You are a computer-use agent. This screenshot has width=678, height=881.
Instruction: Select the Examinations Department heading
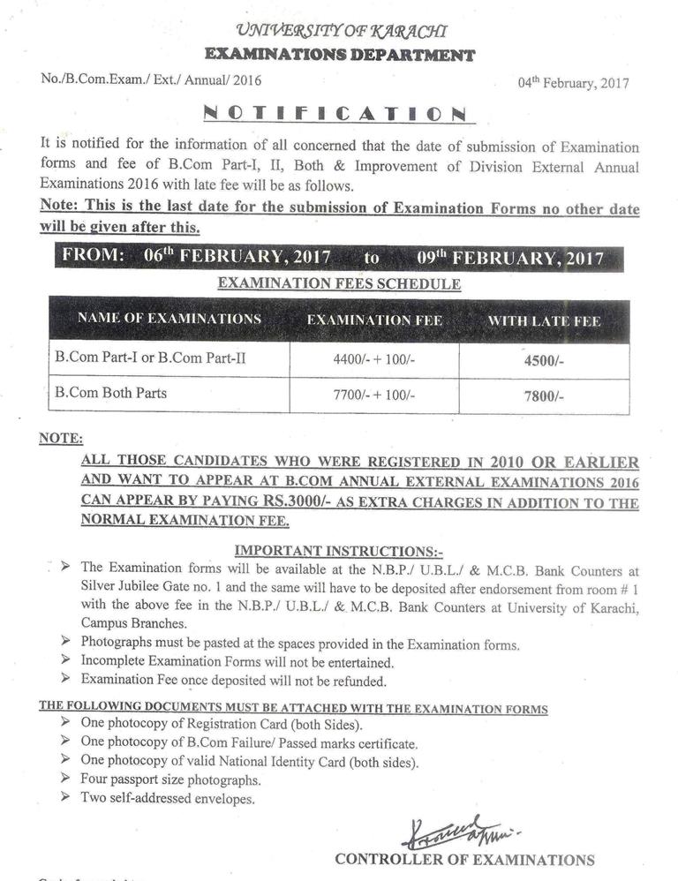(339, 55)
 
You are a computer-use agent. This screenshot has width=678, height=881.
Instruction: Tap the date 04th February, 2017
(574, 83)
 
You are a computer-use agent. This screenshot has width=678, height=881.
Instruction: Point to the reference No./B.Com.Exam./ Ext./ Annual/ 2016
(151, 79)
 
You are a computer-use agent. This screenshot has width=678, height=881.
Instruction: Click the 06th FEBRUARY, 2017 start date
(237, 258)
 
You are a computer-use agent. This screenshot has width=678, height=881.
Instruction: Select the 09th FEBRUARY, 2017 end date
(509, 258)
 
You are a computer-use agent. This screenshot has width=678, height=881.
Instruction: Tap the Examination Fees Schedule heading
(339, 284)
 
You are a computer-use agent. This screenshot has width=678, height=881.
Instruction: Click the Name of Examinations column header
(169, 319)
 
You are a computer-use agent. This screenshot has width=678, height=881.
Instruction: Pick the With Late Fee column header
(544, 321)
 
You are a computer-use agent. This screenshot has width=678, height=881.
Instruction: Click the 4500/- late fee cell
(543, 361)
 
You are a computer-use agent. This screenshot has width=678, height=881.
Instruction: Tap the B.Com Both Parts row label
(110, 393)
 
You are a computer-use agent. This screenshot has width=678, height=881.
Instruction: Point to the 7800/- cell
(543, 396)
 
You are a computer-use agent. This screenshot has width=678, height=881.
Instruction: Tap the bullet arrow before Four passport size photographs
(67, 779)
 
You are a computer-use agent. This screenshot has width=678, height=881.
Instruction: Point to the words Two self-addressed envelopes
(168, 799)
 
